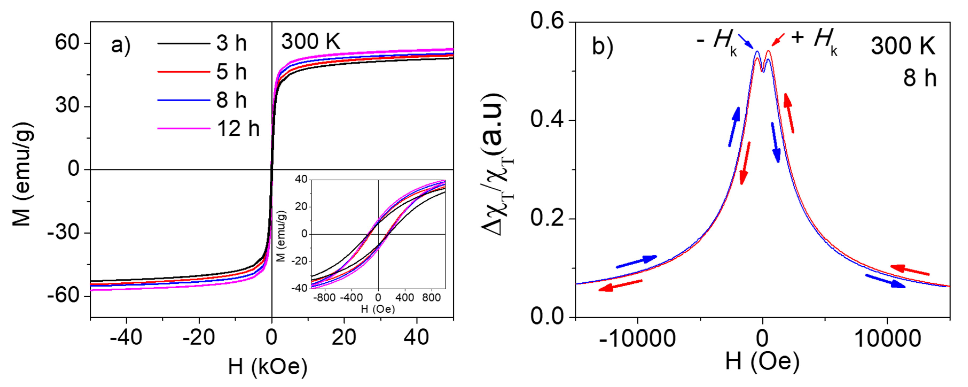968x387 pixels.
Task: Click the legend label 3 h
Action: pos(231,43)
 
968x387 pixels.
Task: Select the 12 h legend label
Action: pos(238,129)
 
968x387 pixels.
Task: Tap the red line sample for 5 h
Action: pos(183,71)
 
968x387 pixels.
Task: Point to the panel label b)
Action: pos(602,47)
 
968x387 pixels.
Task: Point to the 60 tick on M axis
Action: pos(67,42)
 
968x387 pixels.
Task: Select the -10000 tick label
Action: pos(637,339)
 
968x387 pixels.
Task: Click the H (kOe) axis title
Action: pos(268,367)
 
